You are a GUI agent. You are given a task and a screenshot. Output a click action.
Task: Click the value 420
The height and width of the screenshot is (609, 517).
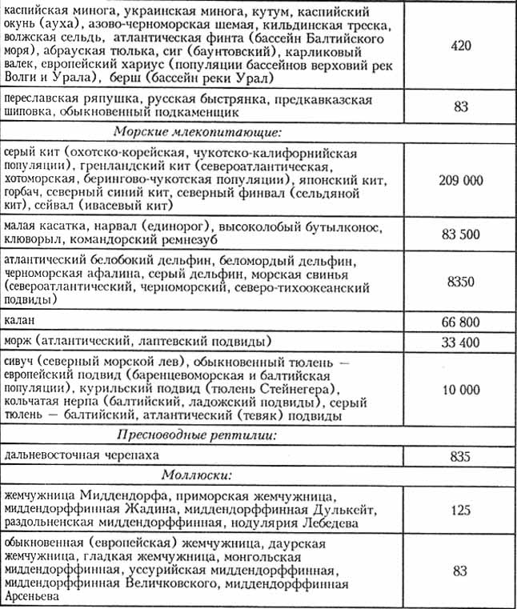coord(460,46)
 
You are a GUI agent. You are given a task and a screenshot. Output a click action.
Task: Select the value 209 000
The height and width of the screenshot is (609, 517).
coord(460,180)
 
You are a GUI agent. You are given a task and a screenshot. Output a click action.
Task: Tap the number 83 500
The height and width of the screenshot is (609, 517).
coord(460,234)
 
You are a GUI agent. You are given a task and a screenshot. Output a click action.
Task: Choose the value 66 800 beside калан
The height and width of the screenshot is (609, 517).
coord(460,322)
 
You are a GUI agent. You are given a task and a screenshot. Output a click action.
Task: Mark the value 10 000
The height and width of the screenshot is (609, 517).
coord(460,389)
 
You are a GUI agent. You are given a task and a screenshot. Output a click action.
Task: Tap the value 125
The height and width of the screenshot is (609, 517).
coord(460,509)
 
